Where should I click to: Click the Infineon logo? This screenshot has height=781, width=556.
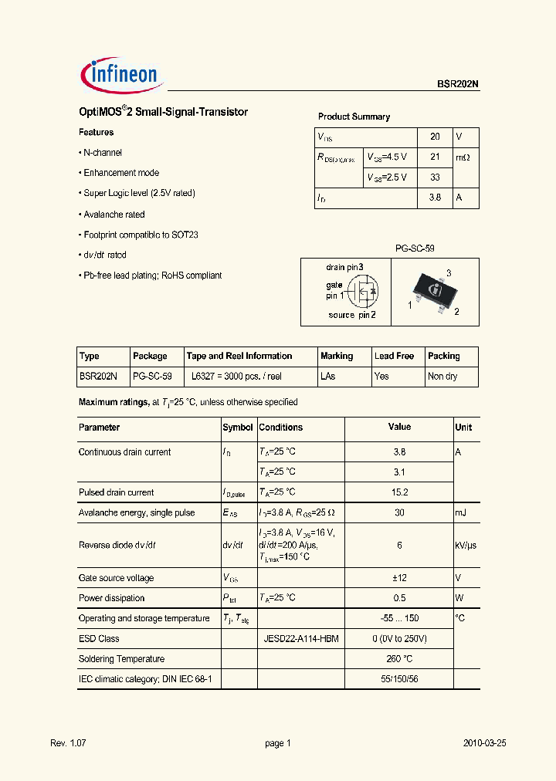click(120, 74)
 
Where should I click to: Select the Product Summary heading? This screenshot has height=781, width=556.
click(354, 117)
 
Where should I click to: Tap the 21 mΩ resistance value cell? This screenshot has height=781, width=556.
click(435, 157)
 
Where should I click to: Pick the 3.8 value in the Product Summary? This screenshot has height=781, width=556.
click(435, 198)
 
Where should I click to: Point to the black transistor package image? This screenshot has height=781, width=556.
click(435, 291)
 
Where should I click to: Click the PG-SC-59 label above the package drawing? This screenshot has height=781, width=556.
click(415, 249)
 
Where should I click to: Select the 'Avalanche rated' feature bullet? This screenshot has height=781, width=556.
click(114, 215)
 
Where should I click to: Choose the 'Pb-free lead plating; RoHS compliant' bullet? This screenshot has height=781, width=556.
click(152, 276)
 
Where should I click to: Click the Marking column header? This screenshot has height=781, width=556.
click(337, 357)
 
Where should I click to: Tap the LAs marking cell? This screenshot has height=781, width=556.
click(328, 377)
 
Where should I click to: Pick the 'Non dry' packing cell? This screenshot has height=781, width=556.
click(442, 377)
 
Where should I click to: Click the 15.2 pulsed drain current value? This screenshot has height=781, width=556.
click(399, 492)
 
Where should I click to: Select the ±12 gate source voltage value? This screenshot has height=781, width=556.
click(399, 578)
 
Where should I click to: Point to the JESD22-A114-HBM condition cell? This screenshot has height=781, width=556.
click(301, 639)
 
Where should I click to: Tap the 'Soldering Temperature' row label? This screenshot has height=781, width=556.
click(121, 659)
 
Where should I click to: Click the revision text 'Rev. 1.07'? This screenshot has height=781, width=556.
click(69, 743)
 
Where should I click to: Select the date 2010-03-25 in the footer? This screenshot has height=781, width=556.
click(484, 743)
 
